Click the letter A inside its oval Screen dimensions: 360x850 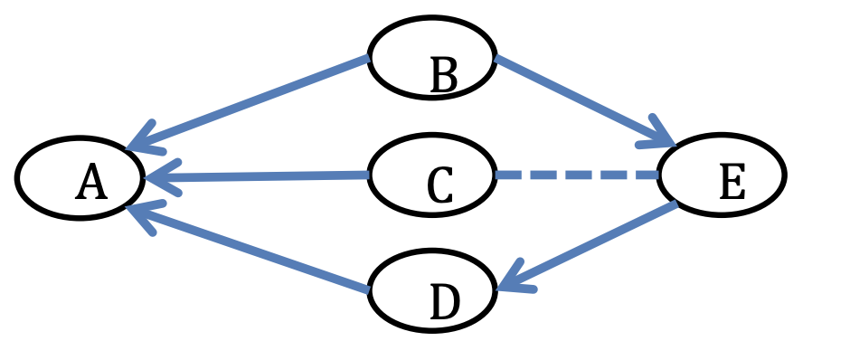(x=91, y=184)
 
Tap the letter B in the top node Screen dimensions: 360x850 (x=443, y=76)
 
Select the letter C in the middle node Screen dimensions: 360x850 (x=439, y=186)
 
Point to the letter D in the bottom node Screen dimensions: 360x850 (x=444, y=304)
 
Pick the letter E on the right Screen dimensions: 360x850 (x=732, y=184)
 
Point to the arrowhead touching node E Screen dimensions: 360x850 (x=661, y=138)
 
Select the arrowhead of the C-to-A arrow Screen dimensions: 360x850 (x=158, y=179)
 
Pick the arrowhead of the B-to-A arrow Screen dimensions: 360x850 (x=140, y=142)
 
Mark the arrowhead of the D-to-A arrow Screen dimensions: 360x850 (x=140, y=213)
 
